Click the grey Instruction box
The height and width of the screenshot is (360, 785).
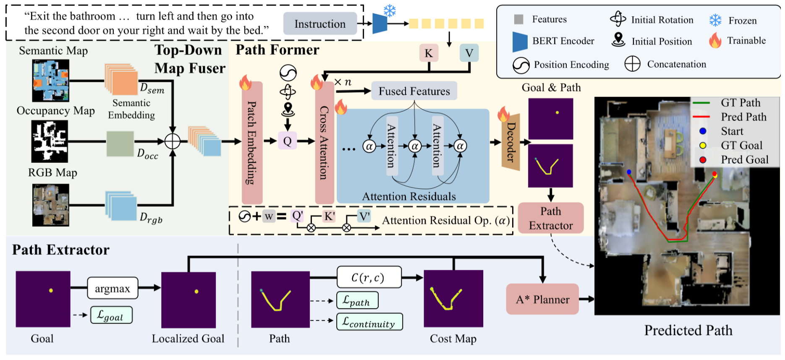(320, 23)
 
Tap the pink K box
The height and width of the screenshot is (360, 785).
(429, 53)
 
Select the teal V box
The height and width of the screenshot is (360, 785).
(469, 53)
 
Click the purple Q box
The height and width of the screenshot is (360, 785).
(288, 141)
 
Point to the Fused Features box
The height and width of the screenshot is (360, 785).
(414, 91)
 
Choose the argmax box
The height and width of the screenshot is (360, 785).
(113, 288)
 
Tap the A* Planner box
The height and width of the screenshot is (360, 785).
(542, 299)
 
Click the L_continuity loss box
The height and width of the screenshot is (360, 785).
(369, 322)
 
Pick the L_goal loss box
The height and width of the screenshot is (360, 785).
(111, 315)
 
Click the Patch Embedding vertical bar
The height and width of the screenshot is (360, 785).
(252, 143)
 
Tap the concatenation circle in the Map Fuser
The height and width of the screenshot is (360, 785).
(173, 141)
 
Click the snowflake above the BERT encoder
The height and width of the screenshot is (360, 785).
(390, 10)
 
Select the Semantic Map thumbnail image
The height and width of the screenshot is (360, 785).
(51, 80)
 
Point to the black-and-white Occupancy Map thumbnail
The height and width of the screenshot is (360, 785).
(50, 141)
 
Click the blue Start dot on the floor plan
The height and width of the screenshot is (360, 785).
(629, 172)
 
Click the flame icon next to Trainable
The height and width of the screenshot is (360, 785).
(715, 41)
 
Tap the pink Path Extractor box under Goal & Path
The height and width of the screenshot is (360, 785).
(551, 218)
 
